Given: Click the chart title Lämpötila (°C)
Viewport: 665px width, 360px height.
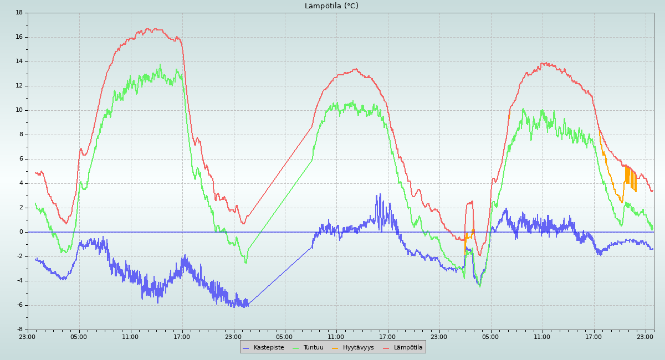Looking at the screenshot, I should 331,6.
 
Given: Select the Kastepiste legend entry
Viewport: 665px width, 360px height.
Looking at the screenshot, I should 268,348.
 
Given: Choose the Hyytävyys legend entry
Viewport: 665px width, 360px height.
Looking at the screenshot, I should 358,348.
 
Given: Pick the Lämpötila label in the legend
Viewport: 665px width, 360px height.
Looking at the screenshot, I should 408,348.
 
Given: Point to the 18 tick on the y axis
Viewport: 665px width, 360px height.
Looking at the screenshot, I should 19,13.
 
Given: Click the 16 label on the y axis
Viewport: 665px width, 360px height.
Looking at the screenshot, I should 19,37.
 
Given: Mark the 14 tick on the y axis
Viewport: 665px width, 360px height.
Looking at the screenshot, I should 19,61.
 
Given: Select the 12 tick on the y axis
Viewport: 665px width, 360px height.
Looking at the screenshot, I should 19,86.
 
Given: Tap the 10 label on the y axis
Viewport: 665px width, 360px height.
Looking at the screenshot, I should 19,110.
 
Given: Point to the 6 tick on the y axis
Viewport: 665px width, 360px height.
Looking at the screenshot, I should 21,159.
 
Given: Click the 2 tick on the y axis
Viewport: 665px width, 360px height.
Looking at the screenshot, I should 21,208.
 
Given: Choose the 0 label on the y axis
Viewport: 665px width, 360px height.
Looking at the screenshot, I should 21,232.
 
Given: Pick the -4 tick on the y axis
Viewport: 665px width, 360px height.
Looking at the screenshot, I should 19,281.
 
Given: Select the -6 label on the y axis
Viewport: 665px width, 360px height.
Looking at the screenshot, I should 19,305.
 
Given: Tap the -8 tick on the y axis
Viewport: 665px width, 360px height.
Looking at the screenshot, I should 19,330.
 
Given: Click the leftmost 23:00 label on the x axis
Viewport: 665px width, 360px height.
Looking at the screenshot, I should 28,336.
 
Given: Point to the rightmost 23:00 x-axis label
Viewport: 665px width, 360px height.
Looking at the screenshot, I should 646,336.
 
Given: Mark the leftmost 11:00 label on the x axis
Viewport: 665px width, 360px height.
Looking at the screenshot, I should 131,336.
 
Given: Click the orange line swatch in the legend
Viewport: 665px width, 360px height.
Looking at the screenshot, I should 335,348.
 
